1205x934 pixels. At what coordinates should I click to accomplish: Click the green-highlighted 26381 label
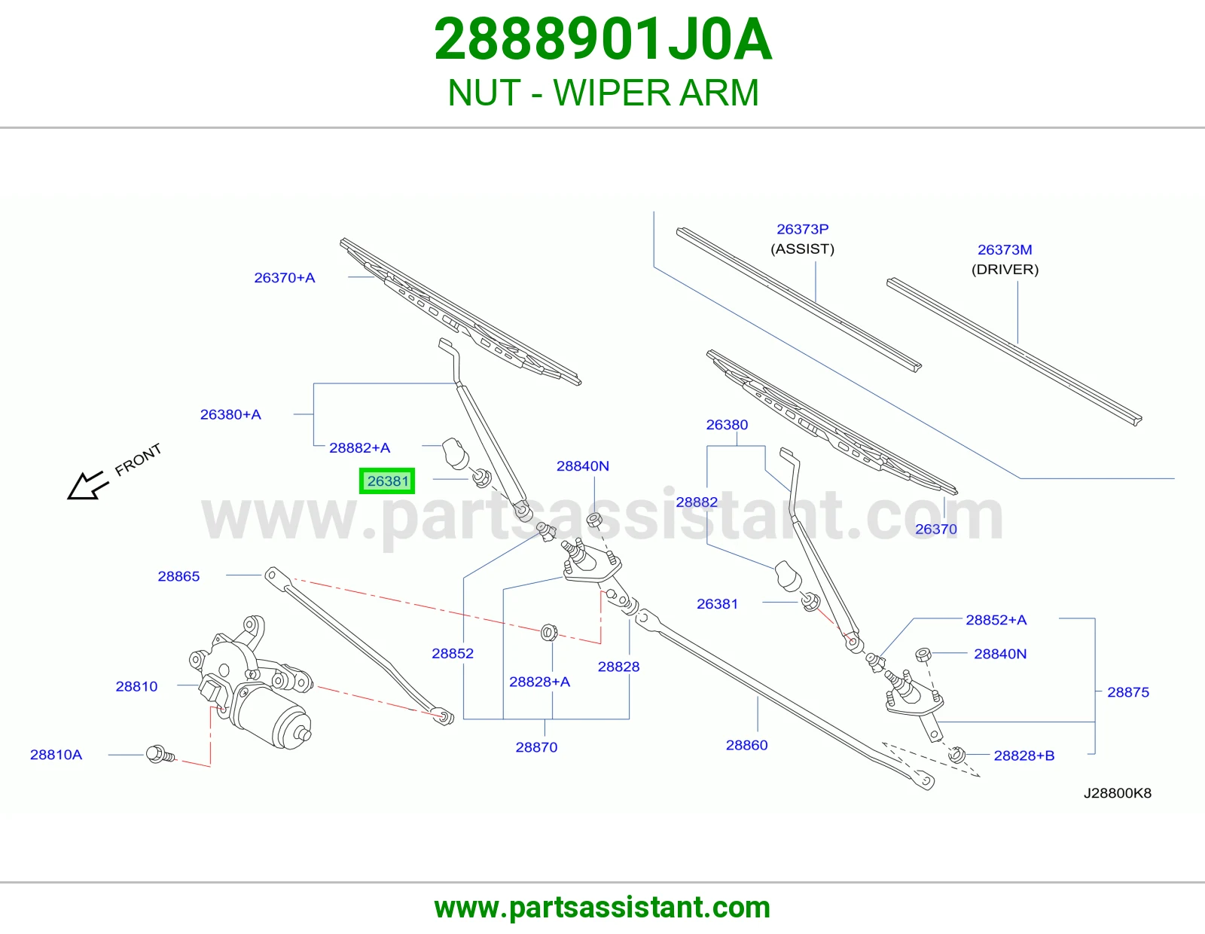click(387, 481)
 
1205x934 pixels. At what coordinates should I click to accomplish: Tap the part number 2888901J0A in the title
click(602, 40)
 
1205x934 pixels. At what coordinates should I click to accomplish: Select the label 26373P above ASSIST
click(802, 229)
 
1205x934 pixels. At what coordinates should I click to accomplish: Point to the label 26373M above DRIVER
click(1005, 249)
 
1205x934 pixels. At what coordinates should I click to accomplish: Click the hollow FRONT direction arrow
click(85, 486)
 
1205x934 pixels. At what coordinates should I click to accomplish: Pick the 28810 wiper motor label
click(136, 686)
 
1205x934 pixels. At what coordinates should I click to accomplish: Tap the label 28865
click(178, 576)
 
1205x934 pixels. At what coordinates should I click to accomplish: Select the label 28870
click(536, 747)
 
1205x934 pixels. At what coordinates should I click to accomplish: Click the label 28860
click(747, 745)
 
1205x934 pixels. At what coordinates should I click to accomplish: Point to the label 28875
click(1128, 691)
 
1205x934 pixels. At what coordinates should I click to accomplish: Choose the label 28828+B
click(1023, 755)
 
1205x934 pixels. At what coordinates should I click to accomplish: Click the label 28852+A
click(996, 619)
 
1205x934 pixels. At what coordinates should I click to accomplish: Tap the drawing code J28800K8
click(1118, 793)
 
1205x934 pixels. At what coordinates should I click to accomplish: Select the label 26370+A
click(285, 277)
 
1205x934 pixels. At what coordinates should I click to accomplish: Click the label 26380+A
click(230, 414)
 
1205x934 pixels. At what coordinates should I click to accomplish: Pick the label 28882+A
click(359, 447)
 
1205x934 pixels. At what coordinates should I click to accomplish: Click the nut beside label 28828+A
click(549, 632)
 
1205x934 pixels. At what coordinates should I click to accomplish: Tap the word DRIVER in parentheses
click(1005, 270)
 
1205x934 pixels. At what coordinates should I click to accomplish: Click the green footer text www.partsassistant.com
click(602, 908)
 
